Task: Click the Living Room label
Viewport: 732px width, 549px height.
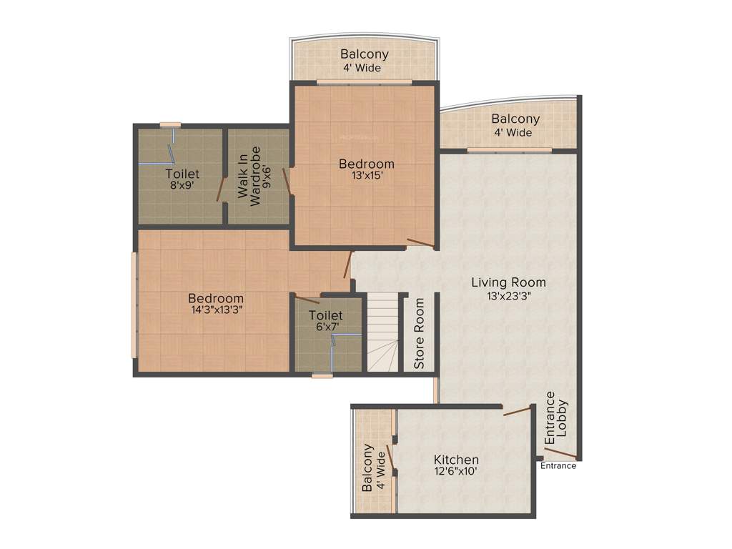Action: (508, 282)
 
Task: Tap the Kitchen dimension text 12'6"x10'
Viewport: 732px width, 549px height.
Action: (456, 472)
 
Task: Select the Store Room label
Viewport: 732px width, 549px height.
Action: (420, 333)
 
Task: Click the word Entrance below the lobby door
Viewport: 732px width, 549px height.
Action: (558, 466)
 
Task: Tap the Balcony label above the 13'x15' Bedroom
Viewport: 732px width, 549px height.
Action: (365, 54)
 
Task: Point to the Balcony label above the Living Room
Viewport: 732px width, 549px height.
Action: (515, 119)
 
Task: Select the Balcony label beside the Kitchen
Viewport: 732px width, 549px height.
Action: (367, 468)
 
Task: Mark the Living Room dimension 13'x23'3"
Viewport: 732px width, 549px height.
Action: (508, 295)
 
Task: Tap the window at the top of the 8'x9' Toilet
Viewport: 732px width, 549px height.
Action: (170, 124)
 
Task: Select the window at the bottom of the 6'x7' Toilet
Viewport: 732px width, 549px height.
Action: (322, 375)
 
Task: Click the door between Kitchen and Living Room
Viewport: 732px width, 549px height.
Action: (518, 410)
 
